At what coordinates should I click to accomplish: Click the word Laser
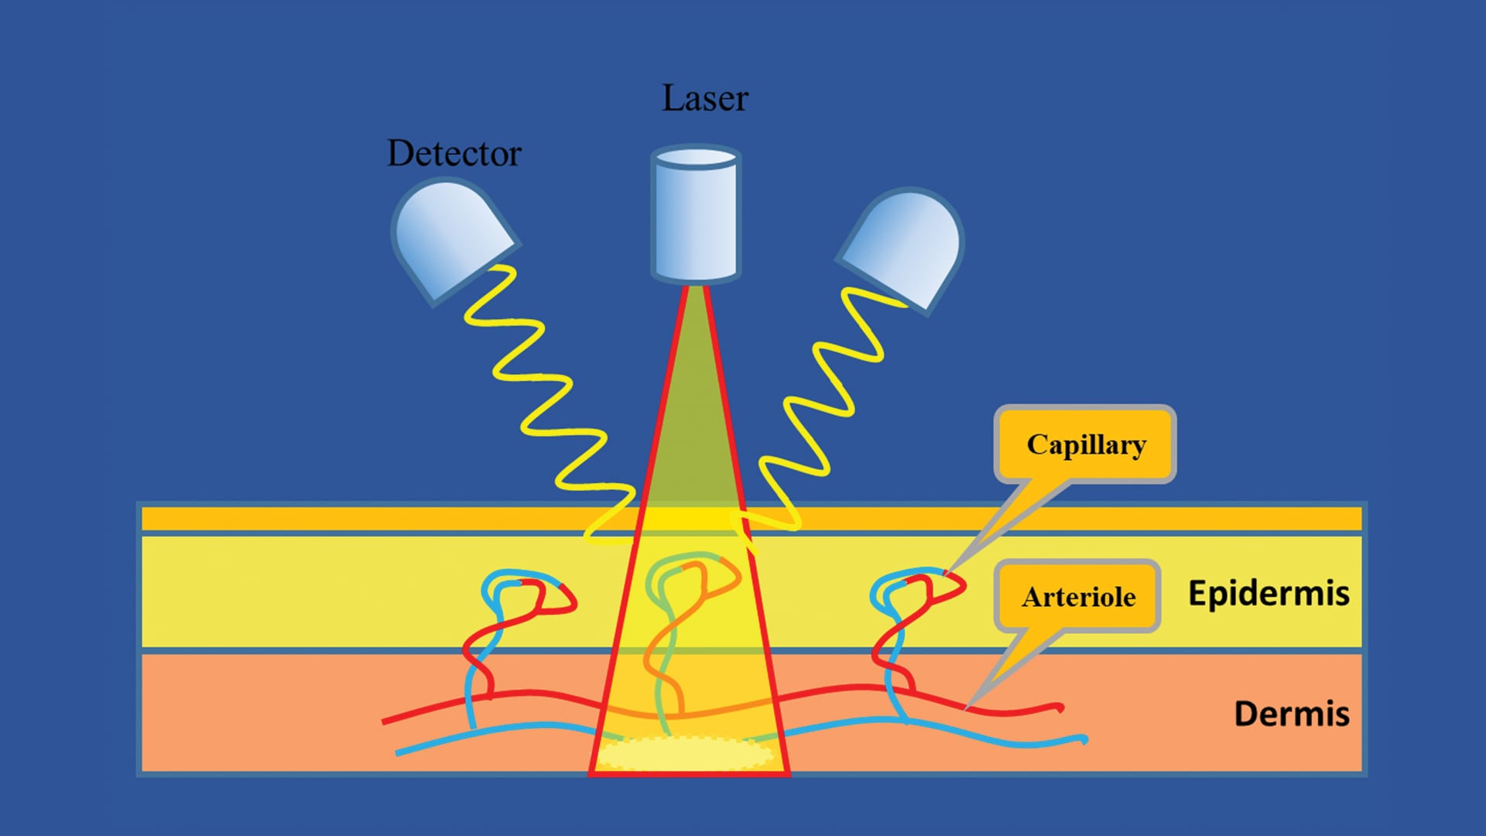[x=704, y=98]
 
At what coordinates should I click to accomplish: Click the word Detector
[x=454, y=153]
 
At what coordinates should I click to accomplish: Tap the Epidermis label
[x=1269, y=594]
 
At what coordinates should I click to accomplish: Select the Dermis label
[x=1291, y=714]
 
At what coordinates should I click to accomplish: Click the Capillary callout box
[x=1085, y=444]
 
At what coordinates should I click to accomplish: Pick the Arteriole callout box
[x=1078, y=597]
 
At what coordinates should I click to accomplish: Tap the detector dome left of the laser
[x=449, y=236]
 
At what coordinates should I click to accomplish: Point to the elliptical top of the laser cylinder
[x=696, y=158]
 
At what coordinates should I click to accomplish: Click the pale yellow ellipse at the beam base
[x=686, y=752]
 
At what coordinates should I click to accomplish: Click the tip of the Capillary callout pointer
[x=947, y=573]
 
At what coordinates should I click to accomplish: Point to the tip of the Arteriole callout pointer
[x=967, y=708]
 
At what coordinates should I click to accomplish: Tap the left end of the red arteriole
[x=385, y=721]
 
